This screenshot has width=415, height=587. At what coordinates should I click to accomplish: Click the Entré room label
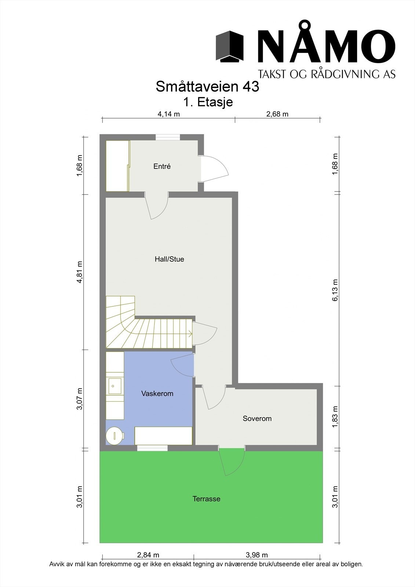pos(162,167)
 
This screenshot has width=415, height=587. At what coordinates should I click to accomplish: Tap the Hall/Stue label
pos(169,259)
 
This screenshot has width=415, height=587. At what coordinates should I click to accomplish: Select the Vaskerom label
pos(157,394)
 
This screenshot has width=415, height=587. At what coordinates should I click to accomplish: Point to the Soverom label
pos(257,419)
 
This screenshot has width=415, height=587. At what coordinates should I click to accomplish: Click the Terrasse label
pos(206,499)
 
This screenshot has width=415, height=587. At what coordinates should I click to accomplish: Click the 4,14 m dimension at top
pos(168,114)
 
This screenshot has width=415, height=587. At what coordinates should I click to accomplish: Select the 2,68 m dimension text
pos(277,114)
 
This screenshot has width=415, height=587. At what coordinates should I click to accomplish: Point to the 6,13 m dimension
pos(335,291)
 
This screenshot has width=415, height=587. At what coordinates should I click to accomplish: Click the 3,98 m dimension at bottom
pos(256,555)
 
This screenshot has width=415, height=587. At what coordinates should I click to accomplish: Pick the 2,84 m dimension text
pos(148,555)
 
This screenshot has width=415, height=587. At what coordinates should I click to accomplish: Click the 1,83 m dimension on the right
pos(335,417)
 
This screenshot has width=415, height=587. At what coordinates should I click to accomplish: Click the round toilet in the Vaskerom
pos(114,435)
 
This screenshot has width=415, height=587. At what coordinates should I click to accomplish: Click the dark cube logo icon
pos(230,46)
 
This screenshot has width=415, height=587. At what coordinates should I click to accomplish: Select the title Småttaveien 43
pos(207,87)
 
